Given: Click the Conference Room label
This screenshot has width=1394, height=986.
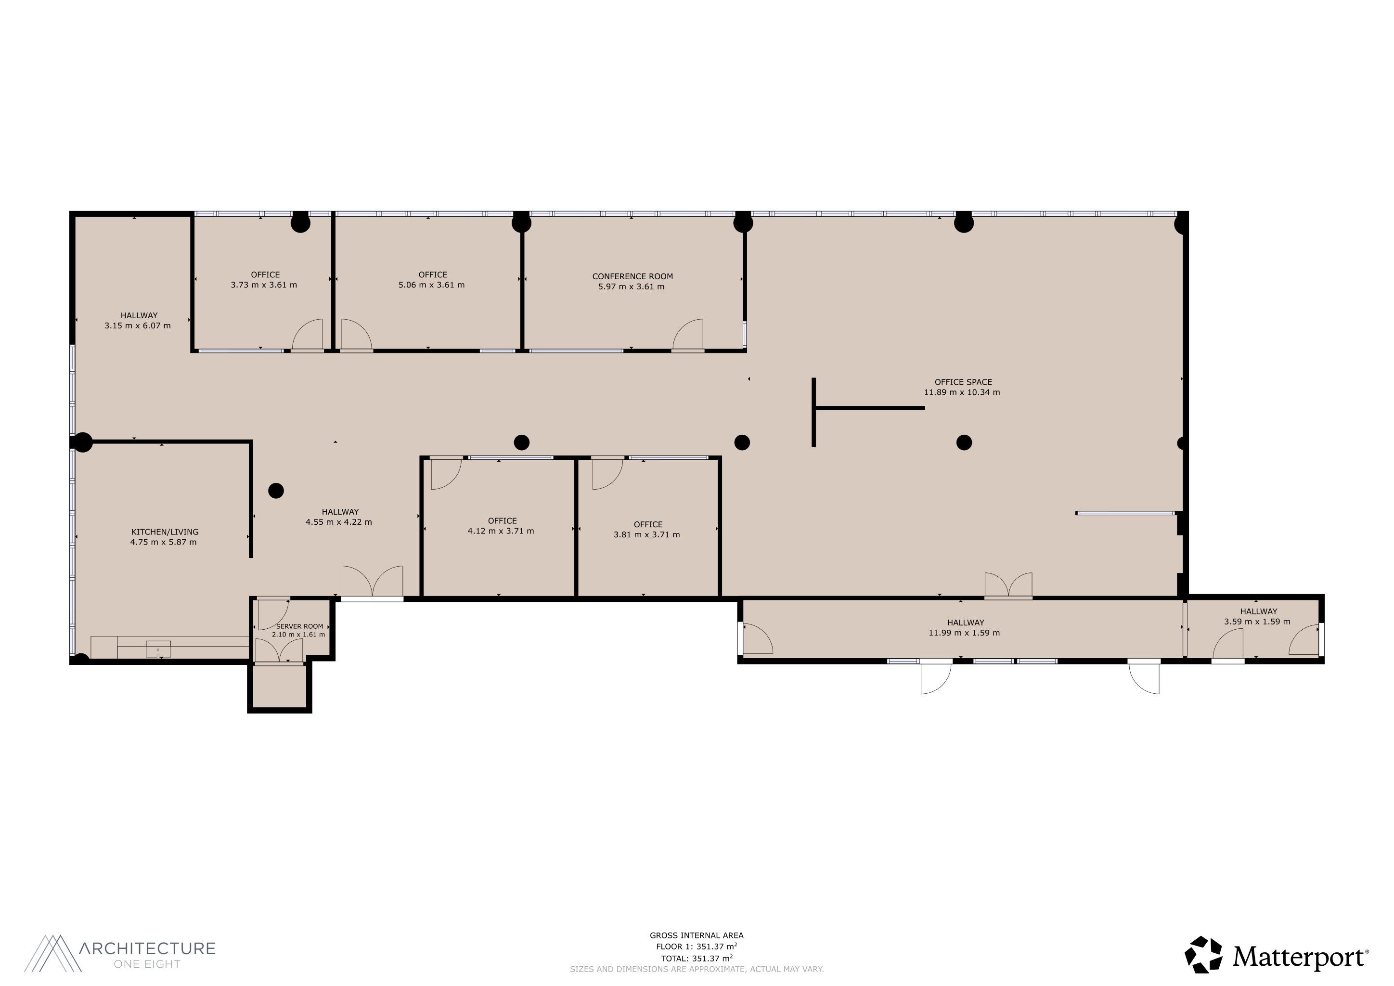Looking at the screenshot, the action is coord(632,276).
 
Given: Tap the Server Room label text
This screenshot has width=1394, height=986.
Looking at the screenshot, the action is coord(299,626).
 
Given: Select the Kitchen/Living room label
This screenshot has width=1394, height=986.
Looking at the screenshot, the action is coord(165,532).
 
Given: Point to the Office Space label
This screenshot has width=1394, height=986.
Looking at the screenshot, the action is coord(963,382).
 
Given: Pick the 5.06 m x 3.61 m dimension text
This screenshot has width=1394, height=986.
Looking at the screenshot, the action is coord(431,285).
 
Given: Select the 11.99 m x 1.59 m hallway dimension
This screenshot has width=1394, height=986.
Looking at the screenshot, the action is coord(964,633).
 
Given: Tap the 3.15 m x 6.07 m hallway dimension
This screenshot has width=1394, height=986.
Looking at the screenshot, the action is coord(137,325).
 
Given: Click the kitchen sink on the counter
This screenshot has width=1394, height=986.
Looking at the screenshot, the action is coord(158,649).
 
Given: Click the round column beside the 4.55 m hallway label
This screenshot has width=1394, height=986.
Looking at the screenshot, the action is coord(276,491).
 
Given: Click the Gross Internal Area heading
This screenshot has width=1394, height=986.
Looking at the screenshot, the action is coord(697,935).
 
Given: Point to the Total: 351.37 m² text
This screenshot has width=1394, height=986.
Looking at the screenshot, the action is coord(697,959).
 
